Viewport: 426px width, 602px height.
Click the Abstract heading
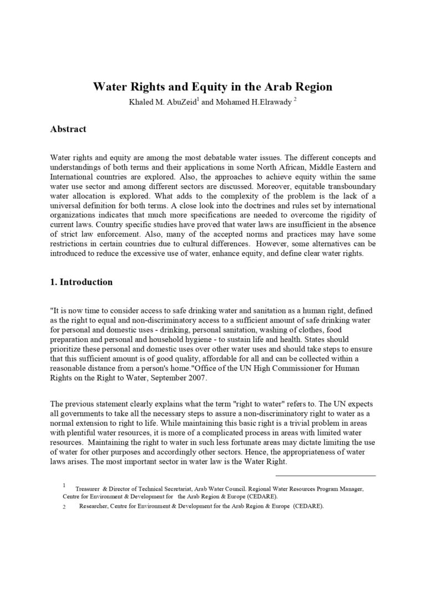pyautogui.click(x=68, y=129)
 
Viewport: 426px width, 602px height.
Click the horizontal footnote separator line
pyautogui.click(x=325, y=475)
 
